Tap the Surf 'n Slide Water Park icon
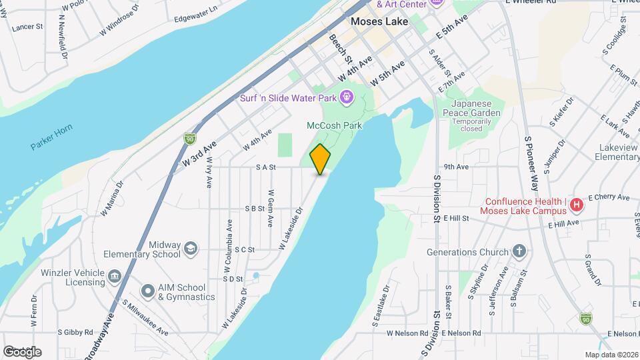(x=346, y=98)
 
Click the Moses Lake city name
(x=379, y=21)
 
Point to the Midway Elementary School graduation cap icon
(x=191, y=249)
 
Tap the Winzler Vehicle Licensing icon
(x=115, y=277)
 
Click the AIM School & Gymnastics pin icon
(x=147, y=291)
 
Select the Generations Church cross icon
(x=519, y=252)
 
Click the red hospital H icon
(x=577, y=205)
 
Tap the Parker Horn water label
(x=51, y=137)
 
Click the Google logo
(x=22, y=351)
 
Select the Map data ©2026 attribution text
(x=611, y=355)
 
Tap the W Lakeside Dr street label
(x=291, y=228)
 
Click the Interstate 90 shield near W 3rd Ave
(x=189, y=138)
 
